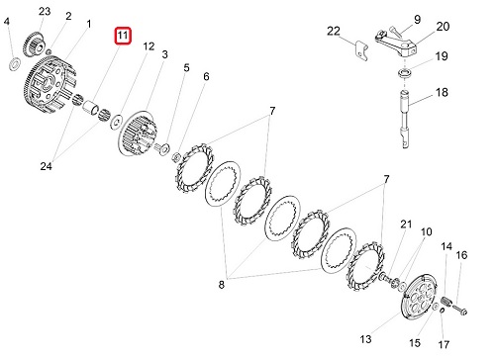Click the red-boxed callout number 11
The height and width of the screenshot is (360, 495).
[123, 36]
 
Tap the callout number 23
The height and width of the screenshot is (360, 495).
[45, 12]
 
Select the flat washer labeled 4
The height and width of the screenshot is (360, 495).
[14, 63]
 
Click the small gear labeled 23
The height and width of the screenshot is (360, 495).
[33, 44]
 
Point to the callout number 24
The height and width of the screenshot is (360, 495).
[46, 166]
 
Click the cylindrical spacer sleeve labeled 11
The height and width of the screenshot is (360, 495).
[91, 108]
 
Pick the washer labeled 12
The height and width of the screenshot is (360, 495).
[117, 122]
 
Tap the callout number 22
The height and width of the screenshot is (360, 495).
[334, 31]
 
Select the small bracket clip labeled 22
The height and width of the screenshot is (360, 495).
[361, 51]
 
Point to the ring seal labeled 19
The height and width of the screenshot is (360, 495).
[405, 73]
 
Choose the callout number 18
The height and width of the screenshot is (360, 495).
[442, 92]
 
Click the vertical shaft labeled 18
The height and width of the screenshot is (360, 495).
[405, 120]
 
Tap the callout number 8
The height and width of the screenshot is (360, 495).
[222, 284]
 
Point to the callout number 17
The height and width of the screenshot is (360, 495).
[444, 344]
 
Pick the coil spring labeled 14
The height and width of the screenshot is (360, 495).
[445, 301]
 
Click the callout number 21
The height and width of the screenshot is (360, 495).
[406, 225]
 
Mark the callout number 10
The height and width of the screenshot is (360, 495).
[426, 231]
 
